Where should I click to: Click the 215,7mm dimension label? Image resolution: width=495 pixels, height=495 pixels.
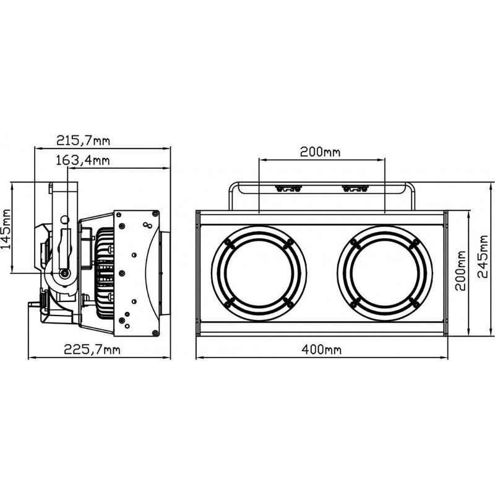click(x=83, y=140)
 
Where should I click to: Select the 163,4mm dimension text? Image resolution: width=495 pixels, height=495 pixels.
click(x=83, y=160)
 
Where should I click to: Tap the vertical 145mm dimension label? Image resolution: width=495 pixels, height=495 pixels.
click(x=6, y=228)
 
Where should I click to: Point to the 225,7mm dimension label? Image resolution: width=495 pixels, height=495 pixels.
click(x=92, y=350)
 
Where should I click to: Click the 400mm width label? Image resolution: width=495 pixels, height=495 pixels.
click(x=321, y=350)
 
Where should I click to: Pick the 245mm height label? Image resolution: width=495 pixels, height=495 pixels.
click(x=483, y=256)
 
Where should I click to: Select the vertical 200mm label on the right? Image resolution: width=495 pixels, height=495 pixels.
click(x=460, y=270)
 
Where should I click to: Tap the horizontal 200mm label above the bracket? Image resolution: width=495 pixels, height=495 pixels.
click(x=320, y=152)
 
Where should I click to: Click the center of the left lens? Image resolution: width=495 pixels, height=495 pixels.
click(x=259, y=273)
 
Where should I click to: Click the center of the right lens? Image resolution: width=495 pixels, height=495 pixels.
click(x=384, y=273)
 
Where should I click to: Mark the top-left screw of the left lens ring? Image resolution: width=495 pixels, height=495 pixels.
click(x=228, y=243)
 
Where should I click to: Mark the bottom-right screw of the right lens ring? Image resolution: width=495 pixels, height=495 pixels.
click(x=415, y=303)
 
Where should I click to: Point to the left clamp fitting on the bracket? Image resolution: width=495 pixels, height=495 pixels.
click(x=288, y=189)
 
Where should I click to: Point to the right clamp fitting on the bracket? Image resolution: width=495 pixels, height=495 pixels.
click(x=355, y=189)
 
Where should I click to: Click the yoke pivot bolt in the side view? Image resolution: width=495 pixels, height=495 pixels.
click(x=65, y=273)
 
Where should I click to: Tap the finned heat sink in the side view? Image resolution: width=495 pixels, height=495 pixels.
click(x=105, y=273)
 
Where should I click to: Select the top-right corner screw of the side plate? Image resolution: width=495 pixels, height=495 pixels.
click(x=155, y=213)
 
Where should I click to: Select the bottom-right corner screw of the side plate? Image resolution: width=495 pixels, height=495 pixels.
click(x=155, y=333)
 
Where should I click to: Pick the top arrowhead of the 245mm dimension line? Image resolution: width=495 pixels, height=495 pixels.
click(x=490, y=186)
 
